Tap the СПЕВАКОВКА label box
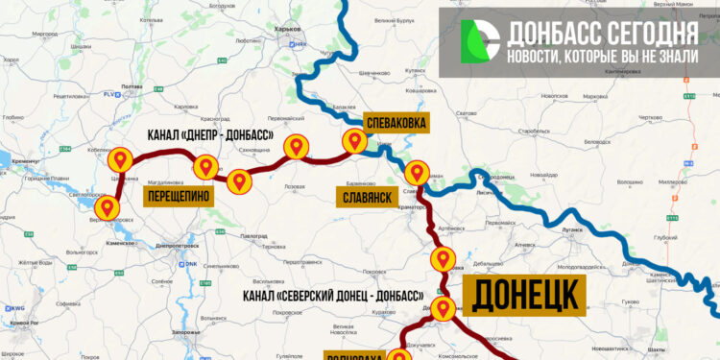(396, 123)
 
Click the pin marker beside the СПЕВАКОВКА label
(354, 140)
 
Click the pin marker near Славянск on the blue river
(417, 173)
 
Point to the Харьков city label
(288, 30)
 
